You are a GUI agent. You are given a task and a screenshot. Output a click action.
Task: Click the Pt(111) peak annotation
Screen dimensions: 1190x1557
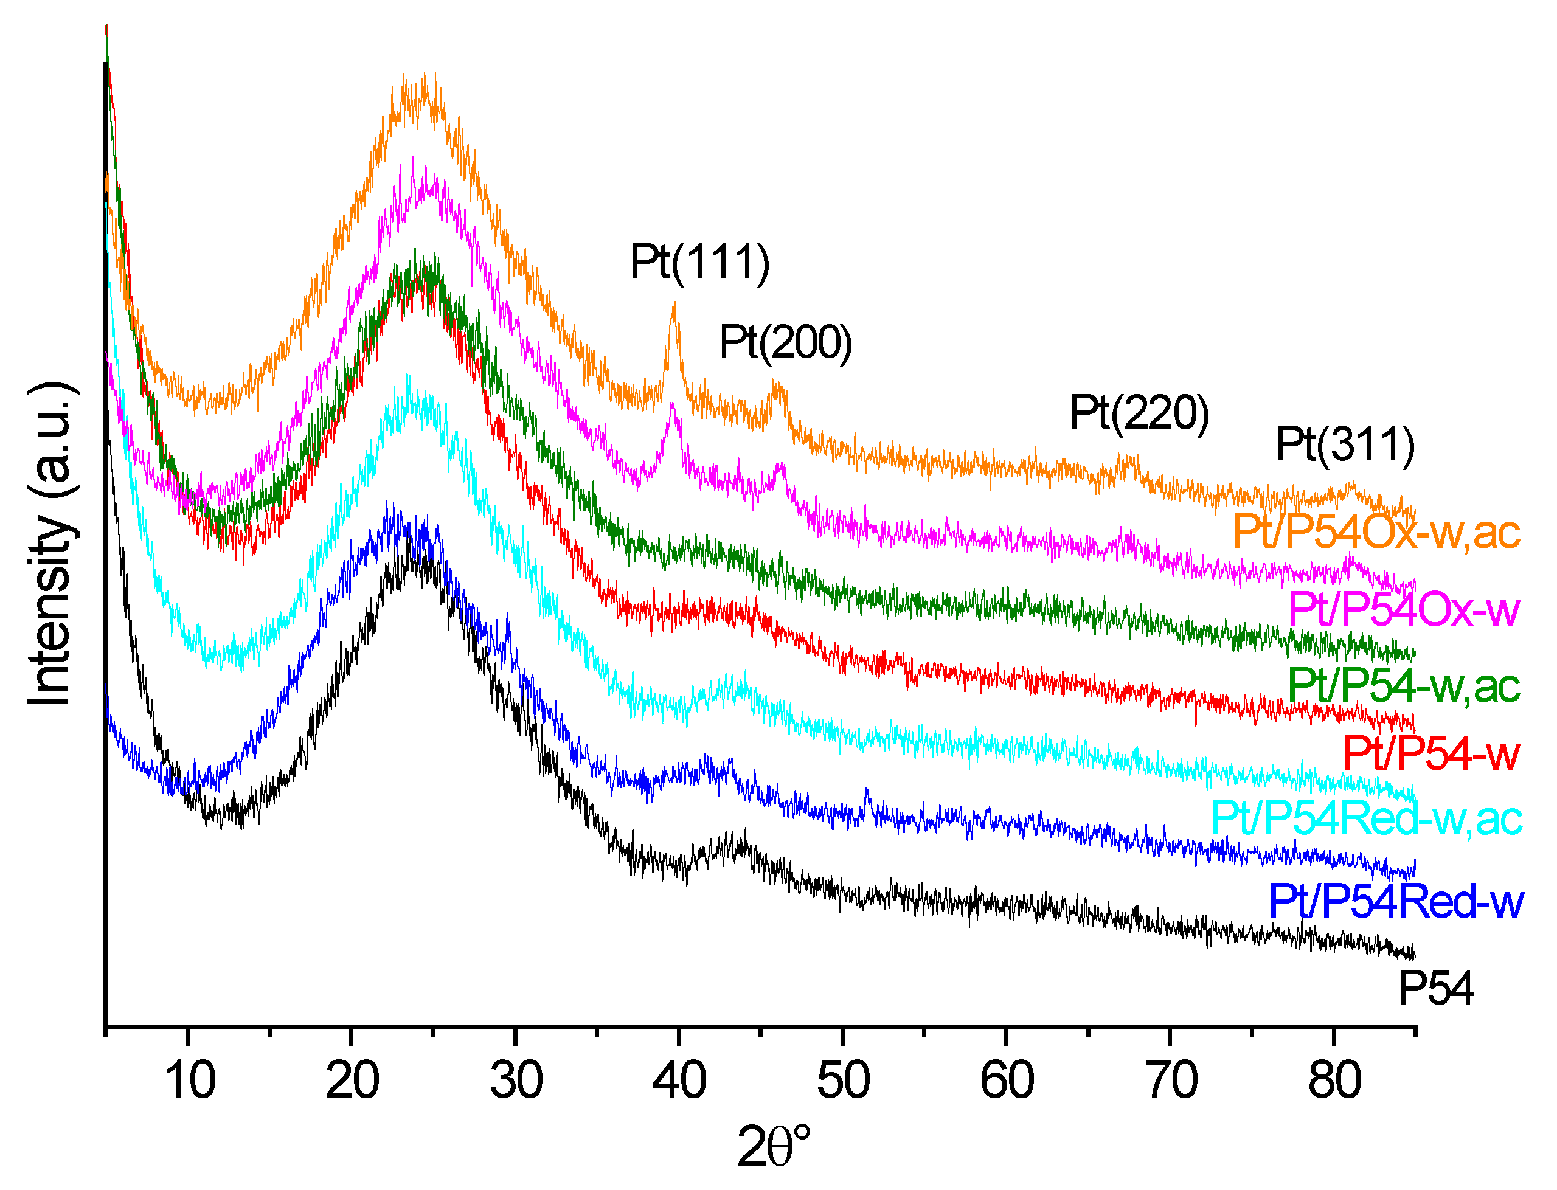[699, 263]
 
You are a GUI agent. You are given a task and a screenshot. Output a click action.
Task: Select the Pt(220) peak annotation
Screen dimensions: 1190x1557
[1139, 413]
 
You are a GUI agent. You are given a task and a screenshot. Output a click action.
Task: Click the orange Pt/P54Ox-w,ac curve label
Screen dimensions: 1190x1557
[1376, 532]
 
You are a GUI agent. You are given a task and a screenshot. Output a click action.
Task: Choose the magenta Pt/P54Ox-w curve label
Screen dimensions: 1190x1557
[1403, 609]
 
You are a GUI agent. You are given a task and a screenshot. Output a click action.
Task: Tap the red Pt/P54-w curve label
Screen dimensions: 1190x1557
[1431, 753]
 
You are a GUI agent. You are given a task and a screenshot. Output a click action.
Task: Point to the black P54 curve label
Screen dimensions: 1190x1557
[1435, 989]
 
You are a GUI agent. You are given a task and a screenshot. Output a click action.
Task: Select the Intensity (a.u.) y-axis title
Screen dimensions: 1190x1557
[51, 544]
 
